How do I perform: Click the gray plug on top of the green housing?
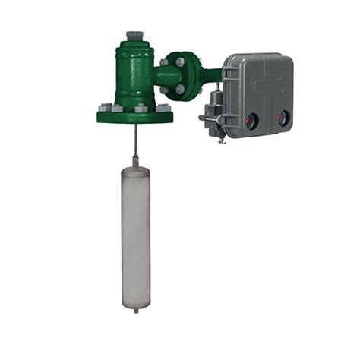point(134,35)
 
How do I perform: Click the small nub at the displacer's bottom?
point(136,309)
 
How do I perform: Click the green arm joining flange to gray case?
point(212,74)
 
